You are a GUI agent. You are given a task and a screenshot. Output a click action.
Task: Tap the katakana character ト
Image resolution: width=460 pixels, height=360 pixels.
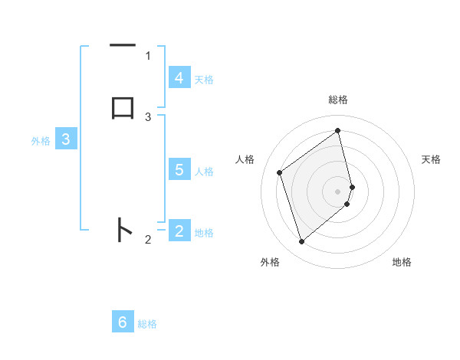[x=123, y=230]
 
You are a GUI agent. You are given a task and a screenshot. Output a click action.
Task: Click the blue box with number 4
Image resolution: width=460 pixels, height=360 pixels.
[x=179, y=77]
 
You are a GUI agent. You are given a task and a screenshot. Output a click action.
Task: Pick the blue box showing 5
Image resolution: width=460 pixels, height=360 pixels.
[x=179, y=169]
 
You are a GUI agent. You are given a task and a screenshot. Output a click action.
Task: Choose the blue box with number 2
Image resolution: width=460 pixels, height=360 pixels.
[x=179, y=231]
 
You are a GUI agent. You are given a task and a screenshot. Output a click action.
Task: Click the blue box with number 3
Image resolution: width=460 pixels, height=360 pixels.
[x=66, y=139]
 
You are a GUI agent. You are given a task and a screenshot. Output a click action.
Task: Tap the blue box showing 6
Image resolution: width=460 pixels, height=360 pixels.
[x=123, y=322]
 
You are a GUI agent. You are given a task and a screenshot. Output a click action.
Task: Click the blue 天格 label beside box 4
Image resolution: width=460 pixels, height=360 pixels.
[x=204, y=80]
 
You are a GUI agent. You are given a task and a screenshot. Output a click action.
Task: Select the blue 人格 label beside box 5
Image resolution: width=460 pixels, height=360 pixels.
[x=204, y=172]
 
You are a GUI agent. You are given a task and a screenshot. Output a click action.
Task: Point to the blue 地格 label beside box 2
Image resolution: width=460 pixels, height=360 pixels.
[x=204, y=233]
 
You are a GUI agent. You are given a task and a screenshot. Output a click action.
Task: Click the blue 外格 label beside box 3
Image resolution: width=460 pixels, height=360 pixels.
[x=41, y=141]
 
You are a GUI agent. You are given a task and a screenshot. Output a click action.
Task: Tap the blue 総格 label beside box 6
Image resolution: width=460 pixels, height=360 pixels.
[x=147, y=325]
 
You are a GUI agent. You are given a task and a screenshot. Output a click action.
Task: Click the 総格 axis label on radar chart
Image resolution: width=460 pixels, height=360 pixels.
[x=338, y=100]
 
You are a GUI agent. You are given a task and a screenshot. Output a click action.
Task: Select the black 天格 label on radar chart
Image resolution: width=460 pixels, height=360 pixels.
[x=431, y=159]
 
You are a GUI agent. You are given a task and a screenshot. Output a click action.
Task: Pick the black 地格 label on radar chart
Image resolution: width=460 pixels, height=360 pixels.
[x=402, y=263]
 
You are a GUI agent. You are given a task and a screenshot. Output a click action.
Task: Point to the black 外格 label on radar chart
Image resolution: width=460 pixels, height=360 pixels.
[x=270, y=263]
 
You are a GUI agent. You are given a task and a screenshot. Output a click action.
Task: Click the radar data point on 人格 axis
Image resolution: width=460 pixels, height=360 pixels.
[x=280, y=172]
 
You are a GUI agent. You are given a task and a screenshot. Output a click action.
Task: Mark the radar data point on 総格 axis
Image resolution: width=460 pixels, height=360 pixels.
[x=338, y=130]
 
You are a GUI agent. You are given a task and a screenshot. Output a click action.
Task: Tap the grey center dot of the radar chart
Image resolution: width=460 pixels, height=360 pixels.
[x=338, y=190]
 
